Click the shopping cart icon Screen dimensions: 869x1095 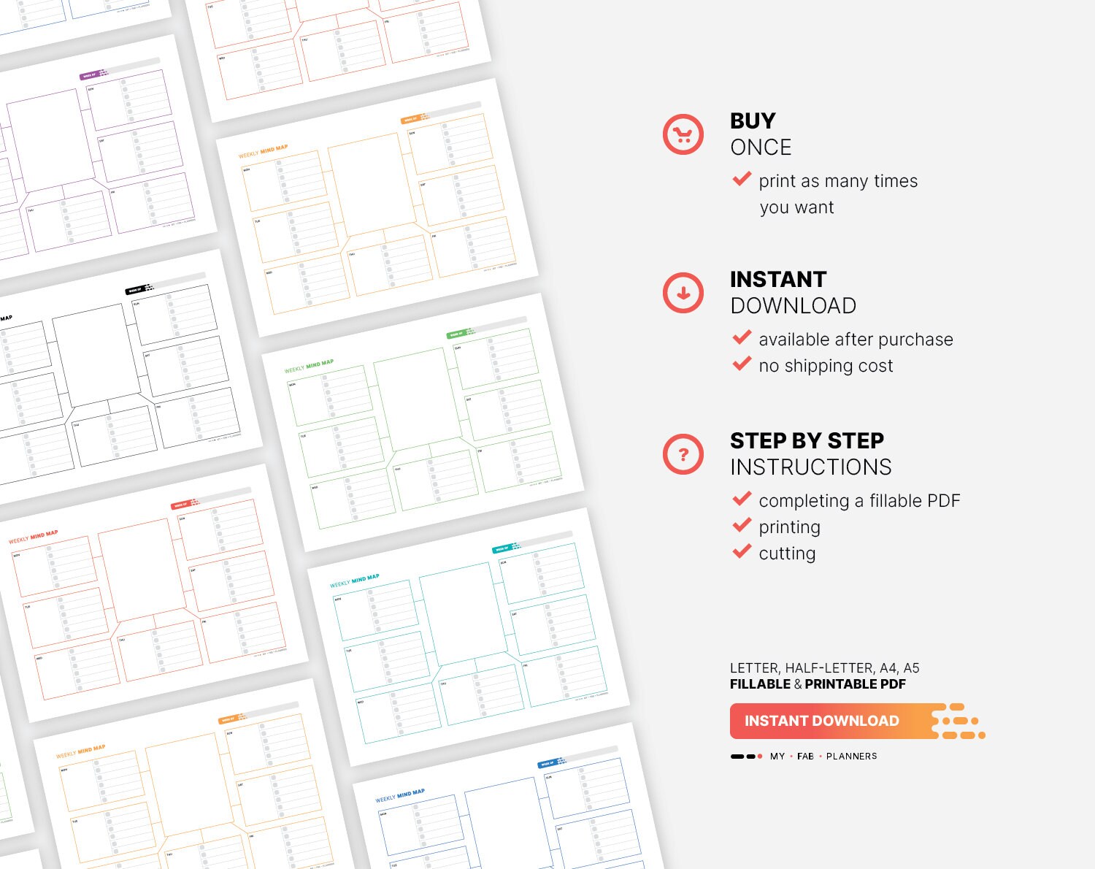[x=683, y=134]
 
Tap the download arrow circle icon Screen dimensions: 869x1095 [x=683, y=293]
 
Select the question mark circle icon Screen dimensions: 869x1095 [x=683, y=454]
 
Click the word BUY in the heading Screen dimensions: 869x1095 [x=753, y=120]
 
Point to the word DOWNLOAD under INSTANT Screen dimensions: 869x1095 [x=793, y=306]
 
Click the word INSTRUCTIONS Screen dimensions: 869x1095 [x=810, y=467]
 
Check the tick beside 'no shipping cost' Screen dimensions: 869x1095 [x=742, y=364]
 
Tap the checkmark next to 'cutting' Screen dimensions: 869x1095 [x=742, y=551]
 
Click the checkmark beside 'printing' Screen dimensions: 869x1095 [x=742, y=525]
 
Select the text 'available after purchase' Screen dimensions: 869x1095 [x=856, y=340]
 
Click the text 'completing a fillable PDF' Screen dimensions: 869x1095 [x=859, y=501]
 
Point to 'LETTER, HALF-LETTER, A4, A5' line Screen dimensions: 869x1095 [x=824, y=668]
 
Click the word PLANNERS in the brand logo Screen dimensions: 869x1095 [x=851, y=757]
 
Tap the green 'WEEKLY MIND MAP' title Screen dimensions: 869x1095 [x=309, y=365]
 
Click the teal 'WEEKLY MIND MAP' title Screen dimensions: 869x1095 [x=354, y=581]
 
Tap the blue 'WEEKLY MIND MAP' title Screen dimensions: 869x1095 [x=399, y=795]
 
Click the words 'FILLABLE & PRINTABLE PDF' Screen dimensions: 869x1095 [x=818, y=684]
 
